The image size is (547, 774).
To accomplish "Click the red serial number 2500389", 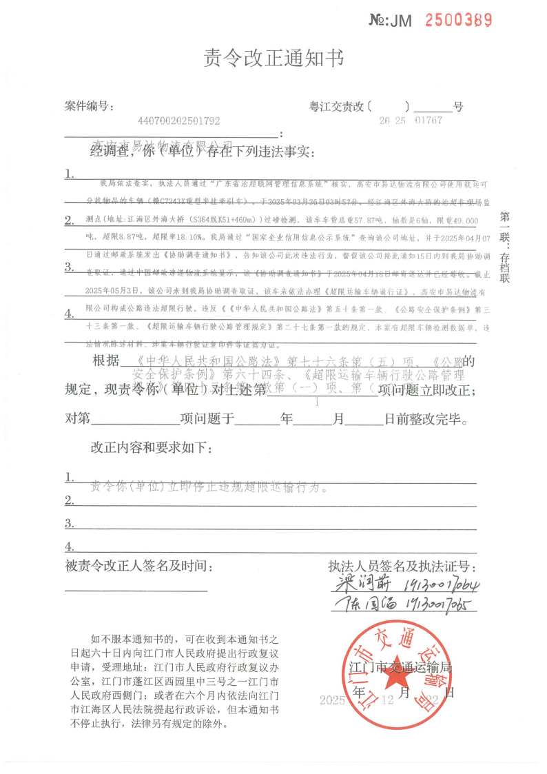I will [x=458, y=20].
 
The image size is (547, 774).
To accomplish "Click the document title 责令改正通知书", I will [x=273, y=59].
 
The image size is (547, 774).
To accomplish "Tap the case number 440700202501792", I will [x=179, y=121].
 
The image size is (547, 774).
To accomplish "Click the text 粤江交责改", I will [x=338, y=106].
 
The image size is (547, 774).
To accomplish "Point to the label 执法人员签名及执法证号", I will [x=402, y=566].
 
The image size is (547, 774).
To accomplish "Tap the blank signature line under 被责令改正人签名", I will [x=136, y=589].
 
